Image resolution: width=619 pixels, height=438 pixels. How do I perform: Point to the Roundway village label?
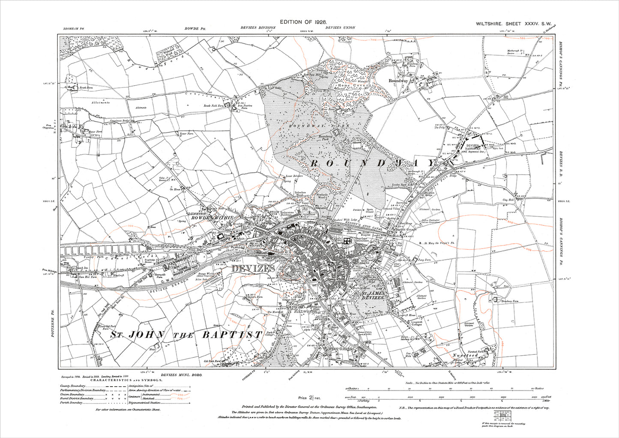coord(398,80)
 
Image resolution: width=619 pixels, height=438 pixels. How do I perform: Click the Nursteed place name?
coord(465,355)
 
